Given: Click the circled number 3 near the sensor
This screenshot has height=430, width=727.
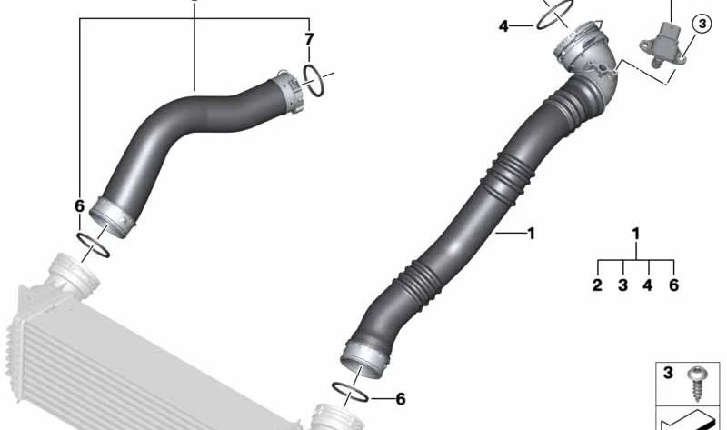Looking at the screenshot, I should click(x=702, y=25).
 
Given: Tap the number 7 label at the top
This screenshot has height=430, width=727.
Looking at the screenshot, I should click(x=309, y=40).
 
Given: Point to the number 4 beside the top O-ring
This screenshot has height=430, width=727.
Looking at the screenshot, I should click(x=503, y=26).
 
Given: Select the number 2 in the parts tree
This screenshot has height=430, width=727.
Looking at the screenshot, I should click(x=597, y=285).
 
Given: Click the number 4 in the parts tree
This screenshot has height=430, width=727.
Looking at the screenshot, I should click(x=649, y=285).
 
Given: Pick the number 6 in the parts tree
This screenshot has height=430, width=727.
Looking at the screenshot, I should click(x=673, y=285).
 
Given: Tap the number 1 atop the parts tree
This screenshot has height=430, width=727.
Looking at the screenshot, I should click(x=636, y=235).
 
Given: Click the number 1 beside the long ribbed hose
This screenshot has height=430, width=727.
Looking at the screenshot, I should click(x=531, y=234).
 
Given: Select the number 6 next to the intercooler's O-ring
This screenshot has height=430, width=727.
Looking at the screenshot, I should click(x=80, y=206).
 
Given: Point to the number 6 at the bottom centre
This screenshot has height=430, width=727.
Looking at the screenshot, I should click(x=401, y=398).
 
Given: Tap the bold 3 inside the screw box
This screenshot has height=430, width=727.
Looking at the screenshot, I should click(x=667, y=373).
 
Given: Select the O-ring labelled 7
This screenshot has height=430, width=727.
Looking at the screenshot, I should click(x=314, y=79).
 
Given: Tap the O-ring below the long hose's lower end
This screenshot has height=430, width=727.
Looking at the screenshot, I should click(x=348, y=391).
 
